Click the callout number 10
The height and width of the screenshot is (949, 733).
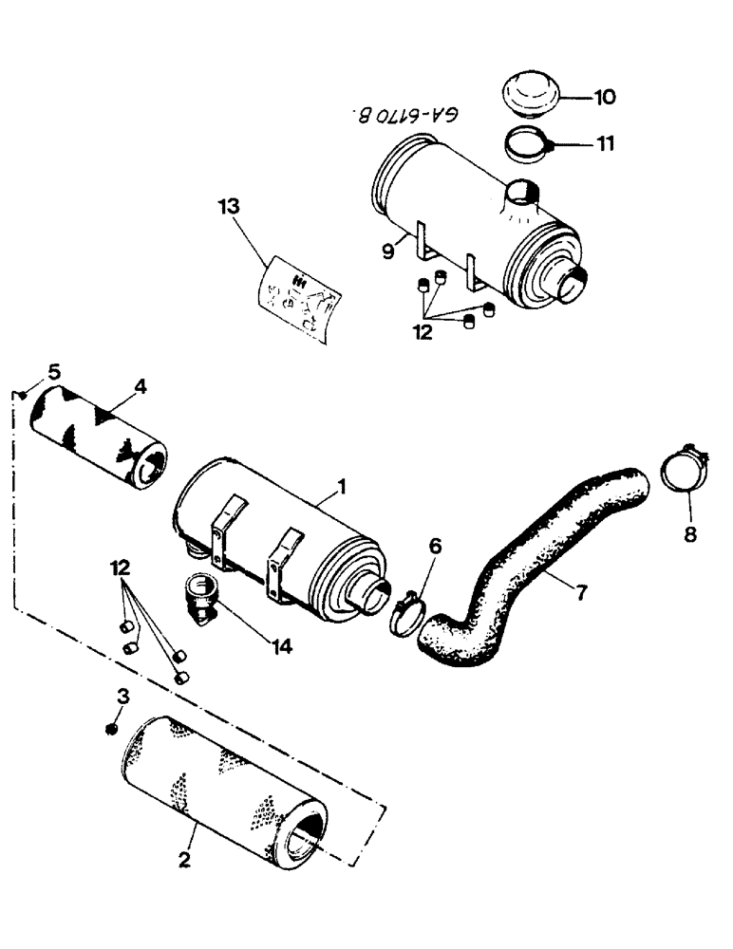[x=605, y=97]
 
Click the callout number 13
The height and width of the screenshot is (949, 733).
[x=228, y=206]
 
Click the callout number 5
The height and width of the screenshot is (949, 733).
[x=54, y=371]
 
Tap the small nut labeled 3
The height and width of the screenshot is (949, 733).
[x=111, y=728]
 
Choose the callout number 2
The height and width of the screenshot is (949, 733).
[x=184, y=862]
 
